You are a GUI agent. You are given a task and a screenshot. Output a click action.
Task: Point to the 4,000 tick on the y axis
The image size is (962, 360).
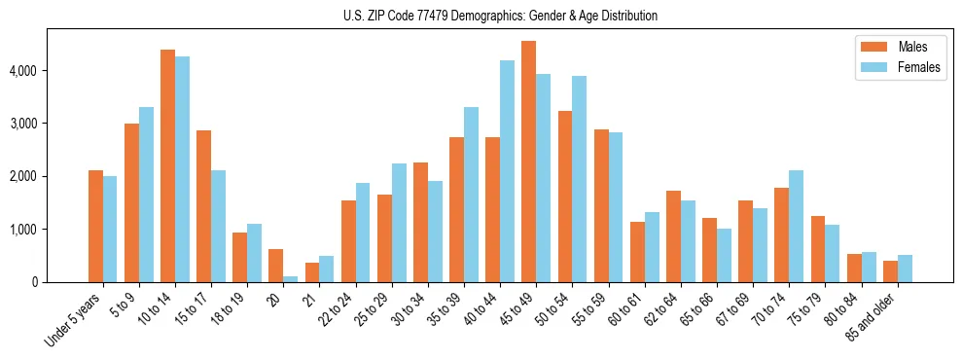[21, 71]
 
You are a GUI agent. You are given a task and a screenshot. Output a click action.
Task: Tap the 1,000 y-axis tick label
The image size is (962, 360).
[21, 230]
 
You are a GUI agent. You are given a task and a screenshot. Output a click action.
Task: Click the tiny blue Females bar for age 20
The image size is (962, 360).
[291, 279]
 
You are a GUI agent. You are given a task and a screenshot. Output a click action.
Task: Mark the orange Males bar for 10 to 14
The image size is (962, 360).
[167, 165]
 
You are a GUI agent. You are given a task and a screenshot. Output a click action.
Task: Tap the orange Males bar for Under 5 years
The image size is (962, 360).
[95, 227]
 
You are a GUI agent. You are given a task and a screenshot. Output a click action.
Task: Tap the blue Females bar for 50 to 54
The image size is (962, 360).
[579, 179]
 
